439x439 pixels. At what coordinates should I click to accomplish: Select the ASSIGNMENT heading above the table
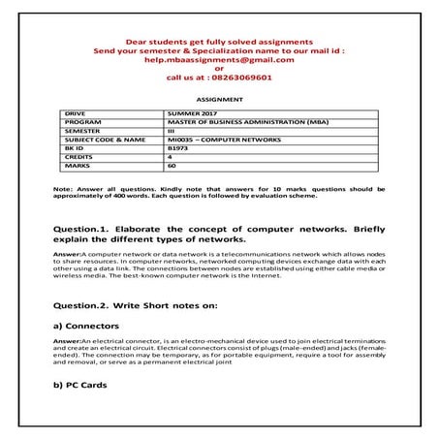[x=218, y=99]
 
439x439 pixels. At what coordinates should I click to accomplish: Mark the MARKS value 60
[x=172, y=166]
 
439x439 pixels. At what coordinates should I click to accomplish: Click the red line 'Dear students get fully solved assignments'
[x=218, y=43]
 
